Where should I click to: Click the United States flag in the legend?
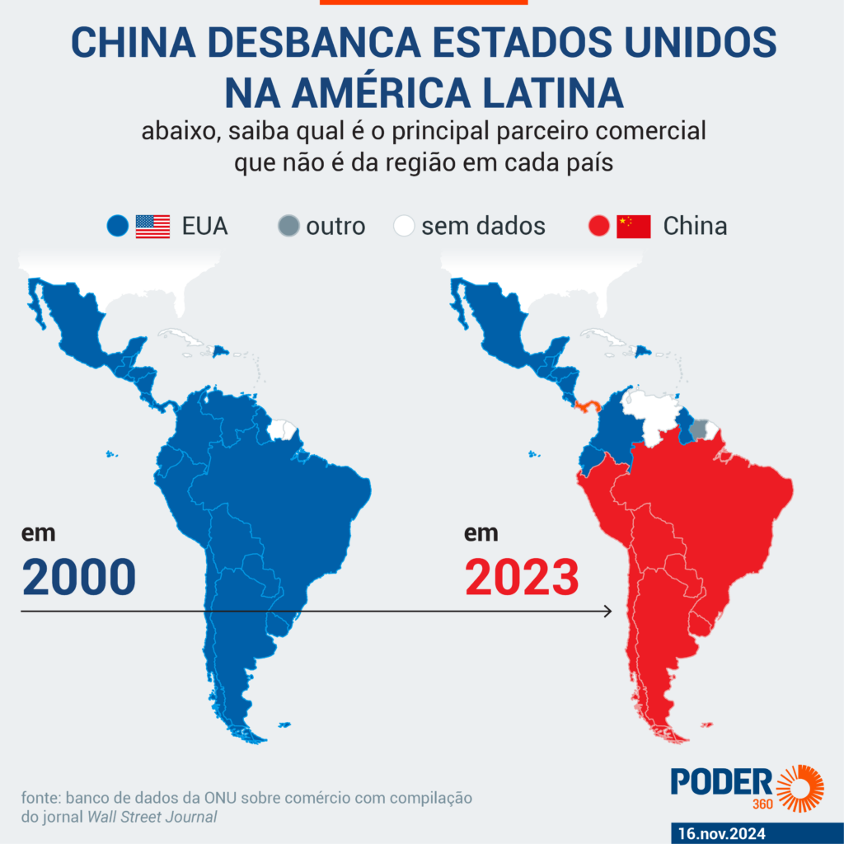click(x=152, y=226)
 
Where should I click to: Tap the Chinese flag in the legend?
click(x=634, y=226)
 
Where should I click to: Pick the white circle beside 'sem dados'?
click(x=404, y=226)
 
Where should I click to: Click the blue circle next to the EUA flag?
click(x=118, y=226)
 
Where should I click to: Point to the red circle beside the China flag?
click(x=599, y=226)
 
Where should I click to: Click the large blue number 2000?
click(x=79, y=576)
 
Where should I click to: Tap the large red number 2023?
click(x=522, y=576)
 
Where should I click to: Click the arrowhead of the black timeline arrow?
click(x=608, y=611)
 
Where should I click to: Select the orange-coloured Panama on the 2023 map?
click(x=589, y=406)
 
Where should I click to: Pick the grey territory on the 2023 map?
click(x=700, y=429)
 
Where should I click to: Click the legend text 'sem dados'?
click(x=483, y=226)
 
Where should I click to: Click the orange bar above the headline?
click(x=423, y=2)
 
